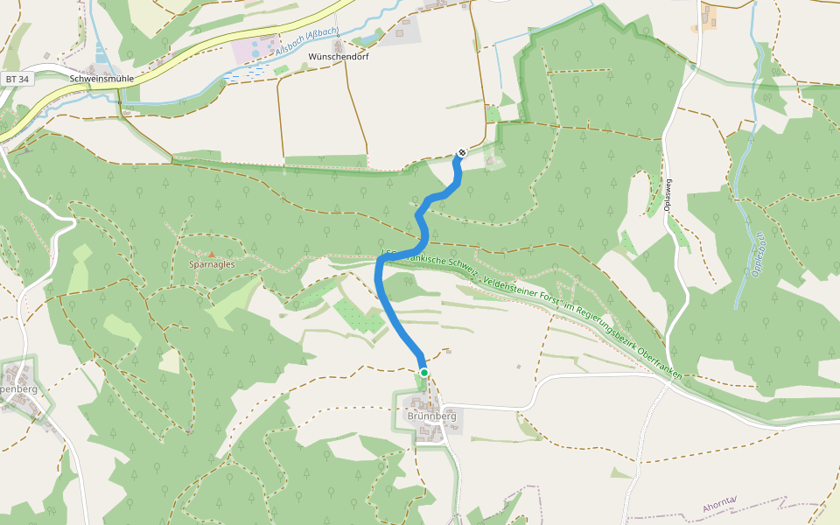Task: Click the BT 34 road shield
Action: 17,79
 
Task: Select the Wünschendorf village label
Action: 339,57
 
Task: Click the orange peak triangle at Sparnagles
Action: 211,255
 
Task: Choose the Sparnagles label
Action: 210,263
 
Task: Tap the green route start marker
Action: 424,373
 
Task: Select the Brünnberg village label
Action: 432,416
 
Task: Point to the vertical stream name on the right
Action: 758,254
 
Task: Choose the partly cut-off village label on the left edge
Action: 18,388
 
